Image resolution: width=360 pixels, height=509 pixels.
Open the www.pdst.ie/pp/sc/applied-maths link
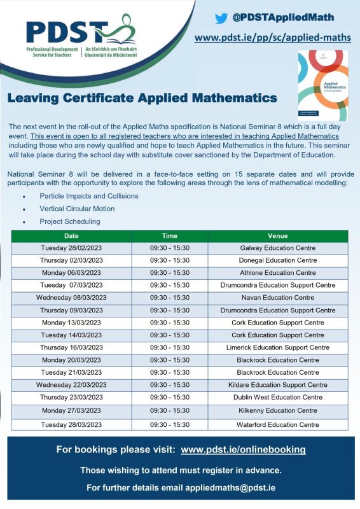tap(273, 38)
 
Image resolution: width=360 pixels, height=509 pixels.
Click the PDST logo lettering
tap(67, 32)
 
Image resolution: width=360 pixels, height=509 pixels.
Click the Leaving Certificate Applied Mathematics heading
tap(142, 99)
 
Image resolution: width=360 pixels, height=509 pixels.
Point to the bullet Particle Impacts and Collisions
tap(88, 196)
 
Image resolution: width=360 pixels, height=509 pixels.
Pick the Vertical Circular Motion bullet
tap(77, 209)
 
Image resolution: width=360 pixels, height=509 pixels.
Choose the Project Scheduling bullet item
tap(69, 221)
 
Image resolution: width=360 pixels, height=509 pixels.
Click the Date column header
tap(71, 235)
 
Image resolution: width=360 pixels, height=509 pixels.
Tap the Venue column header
tap(278, 235)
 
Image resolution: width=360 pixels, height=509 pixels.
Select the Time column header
tap(169, 235)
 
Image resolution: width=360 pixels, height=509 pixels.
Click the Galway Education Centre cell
tap(278, 248)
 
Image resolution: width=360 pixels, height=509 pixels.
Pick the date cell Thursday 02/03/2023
tap(71, 260)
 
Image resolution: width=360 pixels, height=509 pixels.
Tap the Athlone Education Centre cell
tap(278, 273)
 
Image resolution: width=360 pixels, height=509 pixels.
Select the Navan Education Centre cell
tap(278, 298)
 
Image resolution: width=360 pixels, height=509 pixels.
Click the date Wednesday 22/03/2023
tap(71, 385)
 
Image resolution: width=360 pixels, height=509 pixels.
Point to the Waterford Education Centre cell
tap(278, 424)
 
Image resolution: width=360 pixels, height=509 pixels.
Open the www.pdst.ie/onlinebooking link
tap(243, 450)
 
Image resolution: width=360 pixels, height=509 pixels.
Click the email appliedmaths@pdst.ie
tap(231, 487)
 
